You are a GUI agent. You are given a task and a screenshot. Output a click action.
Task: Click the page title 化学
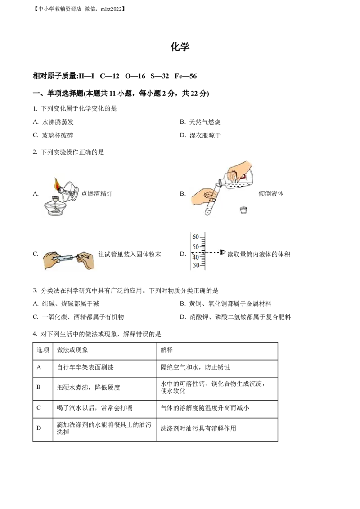[180, 47]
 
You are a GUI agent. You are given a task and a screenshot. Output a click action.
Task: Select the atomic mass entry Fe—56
[185, 76]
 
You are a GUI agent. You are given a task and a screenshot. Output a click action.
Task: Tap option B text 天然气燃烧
[205, 122]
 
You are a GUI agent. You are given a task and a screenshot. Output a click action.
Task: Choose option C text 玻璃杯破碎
[58, 135]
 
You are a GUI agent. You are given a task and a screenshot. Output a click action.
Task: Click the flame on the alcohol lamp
[57, 184]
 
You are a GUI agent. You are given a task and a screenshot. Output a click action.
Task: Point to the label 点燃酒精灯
[97, 193]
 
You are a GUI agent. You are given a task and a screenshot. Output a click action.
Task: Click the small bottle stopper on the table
[244, 210]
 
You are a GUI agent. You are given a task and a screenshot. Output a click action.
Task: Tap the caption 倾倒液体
[271, 193]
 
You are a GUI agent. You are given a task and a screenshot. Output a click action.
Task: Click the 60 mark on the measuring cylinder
[196, 237]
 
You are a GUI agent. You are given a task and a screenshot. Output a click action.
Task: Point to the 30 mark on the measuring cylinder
[196, 265]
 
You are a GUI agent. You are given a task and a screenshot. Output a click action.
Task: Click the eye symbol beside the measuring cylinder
[222, 252]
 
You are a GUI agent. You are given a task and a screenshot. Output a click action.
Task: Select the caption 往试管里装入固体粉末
[130, 254]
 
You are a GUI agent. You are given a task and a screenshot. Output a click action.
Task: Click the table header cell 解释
[166, 350]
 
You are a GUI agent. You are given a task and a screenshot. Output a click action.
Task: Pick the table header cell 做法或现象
[72, 350]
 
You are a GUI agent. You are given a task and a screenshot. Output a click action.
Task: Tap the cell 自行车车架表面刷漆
[85, 367]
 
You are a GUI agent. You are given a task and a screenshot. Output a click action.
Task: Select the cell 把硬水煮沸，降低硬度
[88, 387]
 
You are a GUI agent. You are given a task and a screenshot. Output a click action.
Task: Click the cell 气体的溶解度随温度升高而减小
[205, 408]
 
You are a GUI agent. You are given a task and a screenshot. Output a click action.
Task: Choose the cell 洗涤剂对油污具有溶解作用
[198, 429]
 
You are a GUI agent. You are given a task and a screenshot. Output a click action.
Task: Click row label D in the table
[39, 428]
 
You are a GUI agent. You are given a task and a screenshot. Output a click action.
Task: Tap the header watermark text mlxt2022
[112, 9]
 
